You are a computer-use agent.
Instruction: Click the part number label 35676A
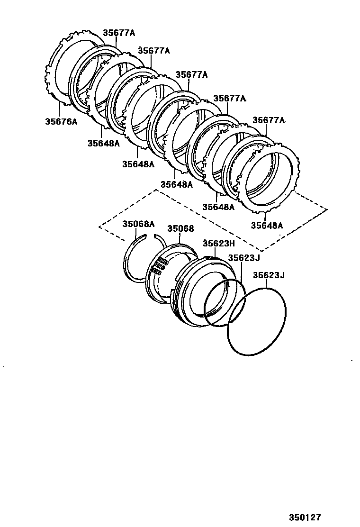click(x=61, y=121)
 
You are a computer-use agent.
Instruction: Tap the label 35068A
click(x=139, y=224)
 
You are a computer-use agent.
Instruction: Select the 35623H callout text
click(x=219, y=244)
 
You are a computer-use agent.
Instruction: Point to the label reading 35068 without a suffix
click(x=180, y=228)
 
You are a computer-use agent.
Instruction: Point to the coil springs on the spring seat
click(x=158, y=266)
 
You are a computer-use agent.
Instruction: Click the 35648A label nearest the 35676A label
click(x=103, y=143)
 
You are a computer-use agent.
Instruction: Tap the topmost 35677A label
click(x=119, y=33)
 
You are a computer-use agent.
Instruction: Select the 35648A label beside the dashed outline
click(x=267, y=226)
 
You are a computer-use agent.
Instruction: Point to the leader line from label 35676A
click(x=60, y=109)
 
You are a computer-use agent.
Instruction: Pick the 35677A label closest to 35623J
click(x=269, y=120)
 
